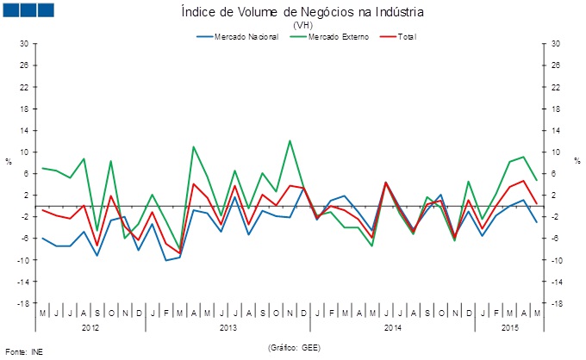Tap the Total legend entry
tap(407, 37)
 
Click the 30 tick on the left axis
tap(24, 43)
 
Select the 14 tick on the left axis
tap(24, 130)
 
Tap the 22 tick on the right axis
tap(556, 87)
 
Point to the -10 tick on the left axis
tap(24, 260)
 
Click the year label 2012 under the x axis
tap(90, 328)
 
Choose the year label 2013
tap(228, 328)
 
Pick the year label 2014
tap(392, 328)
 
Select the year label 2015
tap(509, 328)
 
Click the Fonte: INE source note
tap(23, 351)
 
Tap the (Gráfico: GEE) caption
tap(294, 348)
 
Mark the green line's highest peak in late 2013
tap(290, 140)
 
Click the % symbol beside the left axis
tap(9, 161)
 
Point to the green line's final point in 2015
tap(537, 180)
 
